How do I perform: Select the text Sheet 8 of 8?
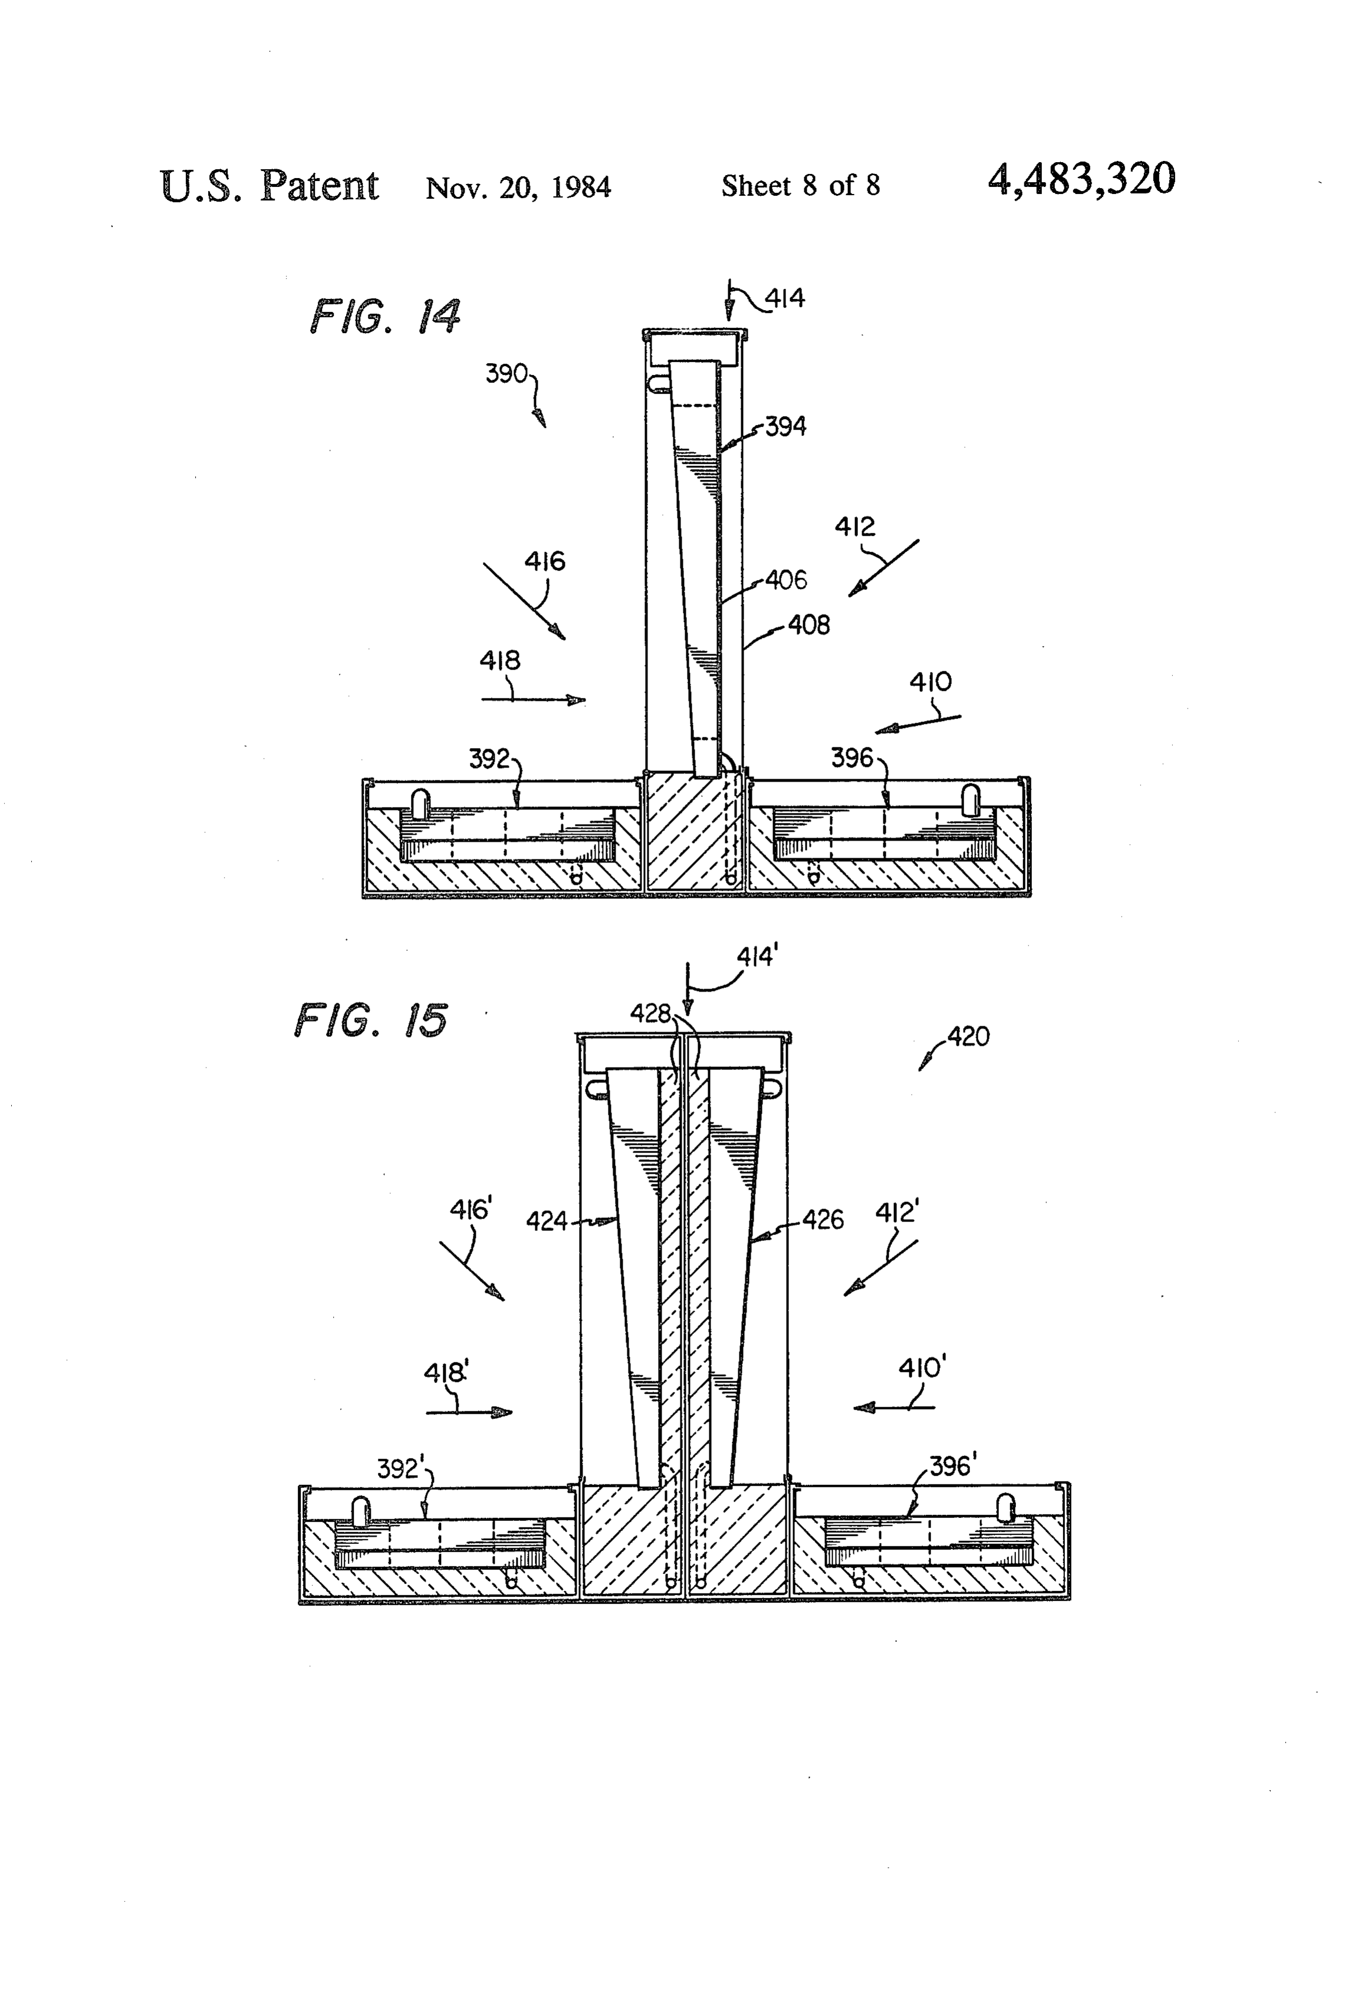pyautogui.click(x=801, y=185)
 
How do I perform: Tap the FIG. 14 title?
pyautogui.click(x=386, y=317)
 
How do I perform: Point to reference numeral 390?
pyautogui.click(x=506, y=374)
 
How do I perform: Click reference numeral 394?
pyautogui.click(x=785, y=426)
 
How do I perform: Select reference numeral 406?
pyautogui.click(x=786, y=580)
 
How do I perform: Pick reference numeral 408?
pyautogui.click(x=808, y=625)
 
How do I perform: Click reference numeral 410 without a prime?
pyautogui.click(x=930, y=683)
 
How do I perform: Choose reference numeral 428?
pyautogui.click(x=651, y=1013)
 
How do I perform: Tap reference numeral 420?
pyautogui.click(x=968, y=1036)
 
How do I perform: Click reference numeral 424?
pyautogui.click(x=547, y=1221)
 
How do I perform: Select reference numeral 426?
pyautogui.click(x=823, y=1220)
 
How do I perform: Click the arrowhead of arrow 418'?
pyautogui.click(x=502, y=1412)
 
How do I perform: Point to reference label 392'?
pyautogui.click(x=400, y=1468)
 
